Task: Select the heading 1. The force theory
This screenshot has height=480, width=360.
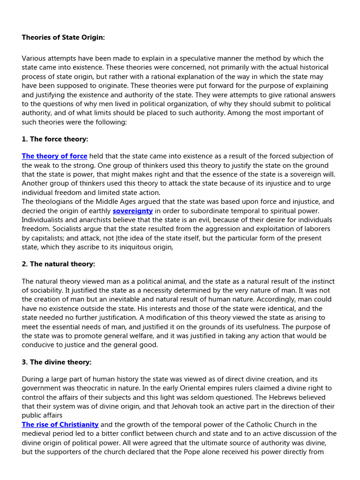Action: [x=55, y=139]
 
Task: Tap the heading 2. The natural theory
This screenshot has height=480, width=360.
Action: [x=58, y=264]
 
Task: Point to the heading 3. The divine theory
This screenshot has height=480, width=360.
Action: [x=57, y=362]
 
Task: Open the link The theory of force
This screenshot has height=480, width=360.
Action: [x=54, y=156]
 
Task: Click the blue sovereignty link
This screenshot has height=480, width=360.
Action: [x=133, y=211]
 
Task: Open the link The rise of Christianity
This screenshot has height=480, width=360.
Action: [x=60, y=424]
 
